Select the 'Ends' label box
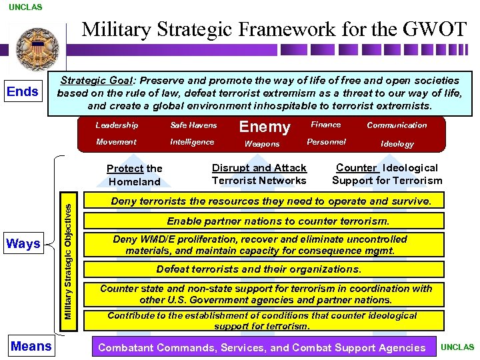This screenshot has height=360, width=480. (x=23, y=91)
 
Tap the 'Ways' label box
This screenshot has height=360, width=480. (x=23, y=243)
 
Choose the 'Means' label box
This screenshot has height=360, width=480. (x=31, y=345)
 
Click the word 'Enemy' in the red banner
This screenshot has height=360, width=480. (x=265, y=127)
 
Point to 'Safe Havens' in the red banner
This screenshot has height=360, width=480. (x=193, y=125)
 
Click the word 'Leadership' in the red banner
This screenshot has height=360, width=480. (x=117, y=125)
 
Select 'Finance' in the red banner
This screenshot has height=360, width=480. (x=326, y=125)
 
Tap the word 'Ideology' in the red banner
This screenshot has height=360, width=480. (x=397, y=144)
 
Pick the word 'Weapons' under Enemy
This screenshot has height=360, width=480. (x=262, y=144)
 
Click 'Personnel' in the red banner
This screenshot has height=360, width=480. (x=326, y=142)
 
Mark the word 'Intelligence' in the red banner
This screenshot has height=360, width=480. (x=192, y=142)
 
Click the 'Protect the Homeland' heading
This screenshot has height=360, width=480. (x=135, y=175)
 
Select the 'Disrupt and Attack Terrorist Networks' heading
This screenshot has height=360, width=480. (x=259, y=174)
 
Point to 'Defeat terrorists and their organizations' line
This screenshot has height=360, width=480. (x=259, y=269)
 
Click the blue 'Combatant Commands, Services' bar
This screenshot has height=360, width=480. (x=261, y=347)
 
